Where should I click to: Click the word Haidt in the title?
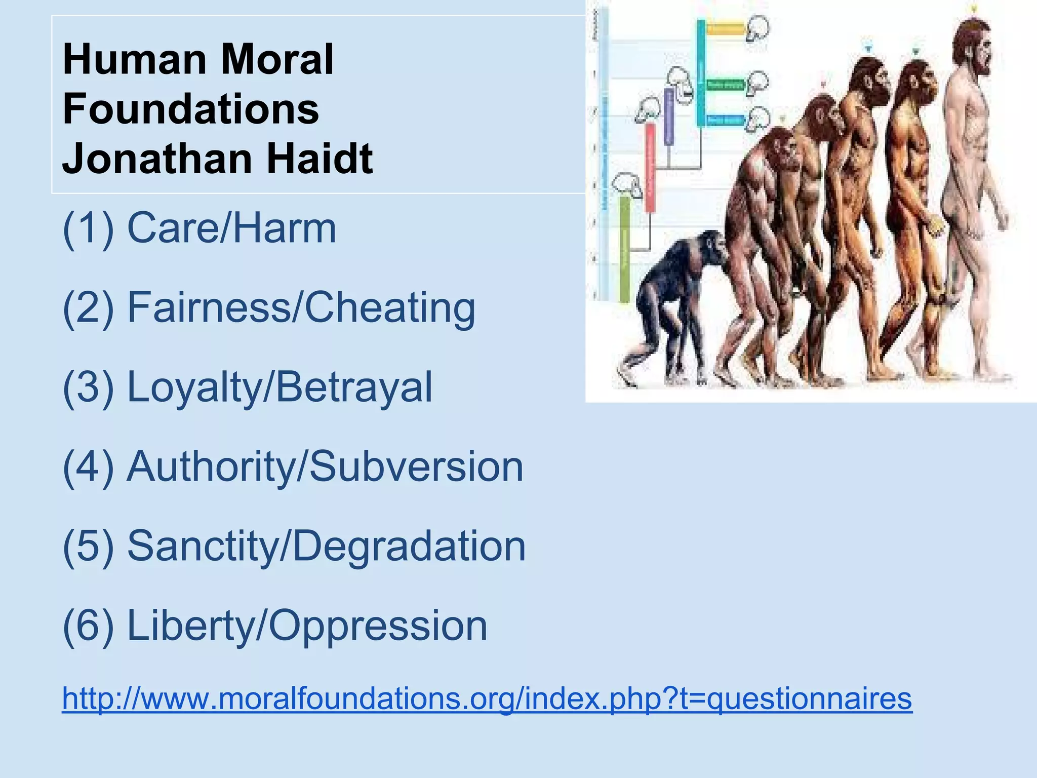click(x=320, y=159)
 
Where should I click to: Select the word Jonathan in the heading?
click(x=157, y=159)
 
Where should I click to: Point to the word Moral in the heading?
click(x=277, y=59)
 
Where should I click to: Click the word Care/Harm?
click(x=231, y=228)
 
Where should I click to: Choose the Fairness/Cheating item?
click(x=301, y=307)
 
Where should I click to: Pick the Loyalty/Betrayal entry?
click(x=280, y=387)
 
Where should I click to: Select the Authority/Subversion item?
click(x=325, y=466)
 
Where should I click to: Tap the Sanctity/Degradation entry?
click(x=327, y=546)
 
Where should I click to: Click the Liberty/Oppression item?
click(x=307, y=626)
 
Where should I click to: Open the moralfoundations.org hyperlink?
click(x=487, y=698)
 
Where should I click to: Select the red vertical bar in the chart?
click(x=650, y=167)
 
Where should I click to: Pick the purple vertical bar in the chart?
click(x=669, y=116)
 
